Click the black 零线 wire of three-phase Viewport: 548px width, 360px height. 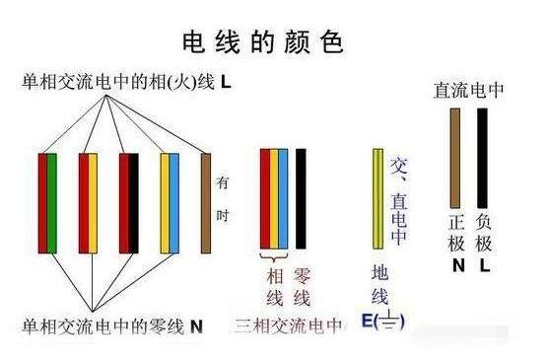[x=301, y=197]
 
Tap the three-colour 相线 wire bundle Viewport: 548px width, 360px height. [x=274, y=197]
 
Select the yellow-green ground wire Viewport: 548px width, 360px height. [x=377, y=197]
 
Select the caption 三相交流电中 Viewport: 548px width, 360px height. [x=288, y=325]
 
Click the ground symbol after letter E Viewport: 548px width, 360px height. [x=392, y=322]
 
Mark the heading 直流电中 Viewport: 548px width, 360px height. [x=470, y=90]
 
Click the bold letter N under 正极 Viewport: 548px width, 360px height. [x=457, y=265]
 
